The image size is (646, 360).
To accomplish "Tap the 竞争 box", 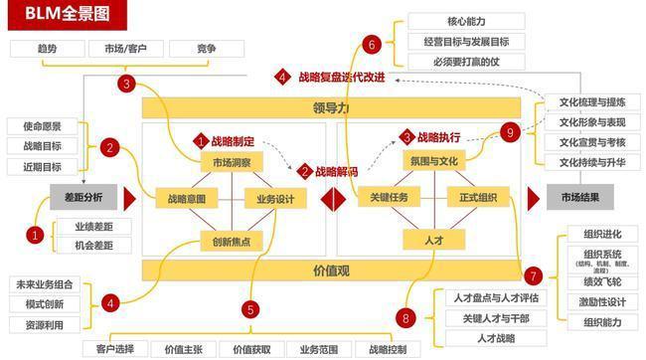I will click(206, 49).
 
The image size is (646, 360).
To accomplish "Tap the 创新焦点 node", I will click(232, 239).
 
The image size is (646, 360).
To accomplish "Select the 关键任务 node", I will click(383, 198).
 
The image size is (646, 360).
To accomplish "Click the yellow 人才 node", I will click(433, 239).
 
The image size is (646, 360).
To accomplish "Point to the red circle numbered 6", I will click(372, 44).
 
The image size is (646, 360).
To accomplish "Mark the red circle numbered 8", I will click(404, 317).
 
